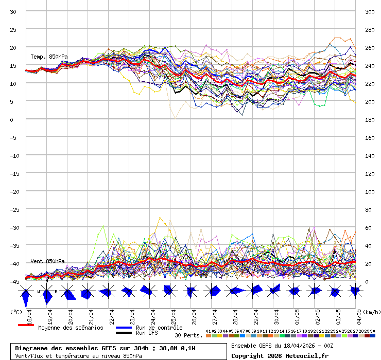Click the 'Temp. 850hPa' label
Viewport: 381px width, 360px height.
49,57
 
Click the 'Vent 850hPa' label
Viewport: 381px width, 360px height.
47,261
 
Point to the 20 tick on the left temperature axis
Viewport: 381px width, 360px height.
13,48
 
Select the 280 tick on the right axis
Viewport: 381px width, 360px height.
370,30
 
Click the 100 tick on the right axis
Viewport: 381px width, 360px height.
370,192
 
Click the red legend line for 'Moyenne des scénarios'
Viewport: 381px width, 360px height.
26,326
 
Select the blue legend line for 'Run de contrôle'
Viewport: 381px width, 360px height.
124,328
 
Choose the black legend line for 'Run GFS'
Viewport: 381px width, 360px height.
124,333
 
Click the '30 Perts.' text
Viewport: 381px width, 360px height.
188,335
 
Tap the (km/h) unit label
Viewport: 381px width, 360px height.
371,312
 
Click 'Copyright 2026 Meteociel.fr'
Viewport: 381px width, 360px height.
280,355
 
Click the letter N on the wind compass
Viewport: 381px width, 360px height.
47,281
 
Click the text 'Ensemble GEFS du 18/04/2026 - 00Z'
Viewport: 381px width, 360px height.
282,346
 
